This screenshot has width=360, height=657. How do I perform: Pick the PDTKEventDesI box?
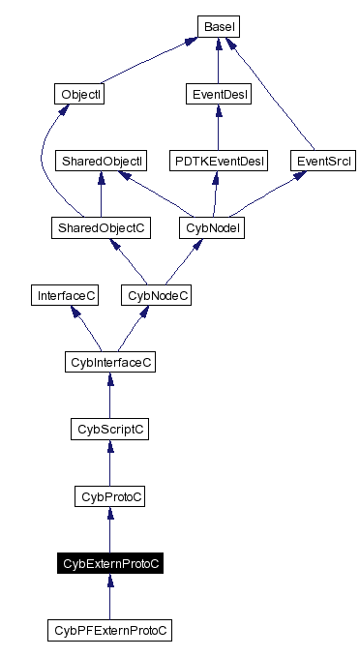(217, 161)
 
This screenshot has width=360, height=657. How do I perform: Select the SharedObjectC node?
(101, 227)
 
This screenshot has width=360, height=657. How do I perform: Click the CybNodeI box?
(211, 227)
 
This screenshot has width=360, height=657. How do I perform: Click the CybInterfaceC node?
(109, 362)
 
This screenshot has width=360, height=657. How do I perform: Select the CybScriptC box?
(109, 429)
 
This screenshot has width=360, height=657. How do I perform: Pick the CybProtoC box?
(109, 496)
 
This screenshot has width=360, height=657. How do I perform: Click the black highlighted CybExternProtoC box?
(109, 563)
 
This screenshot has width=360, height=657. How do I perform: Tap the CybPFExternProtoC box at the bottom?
(109, 630)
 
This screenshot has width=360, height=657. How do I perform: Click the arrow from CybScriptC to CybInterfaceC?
(109, 396)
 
